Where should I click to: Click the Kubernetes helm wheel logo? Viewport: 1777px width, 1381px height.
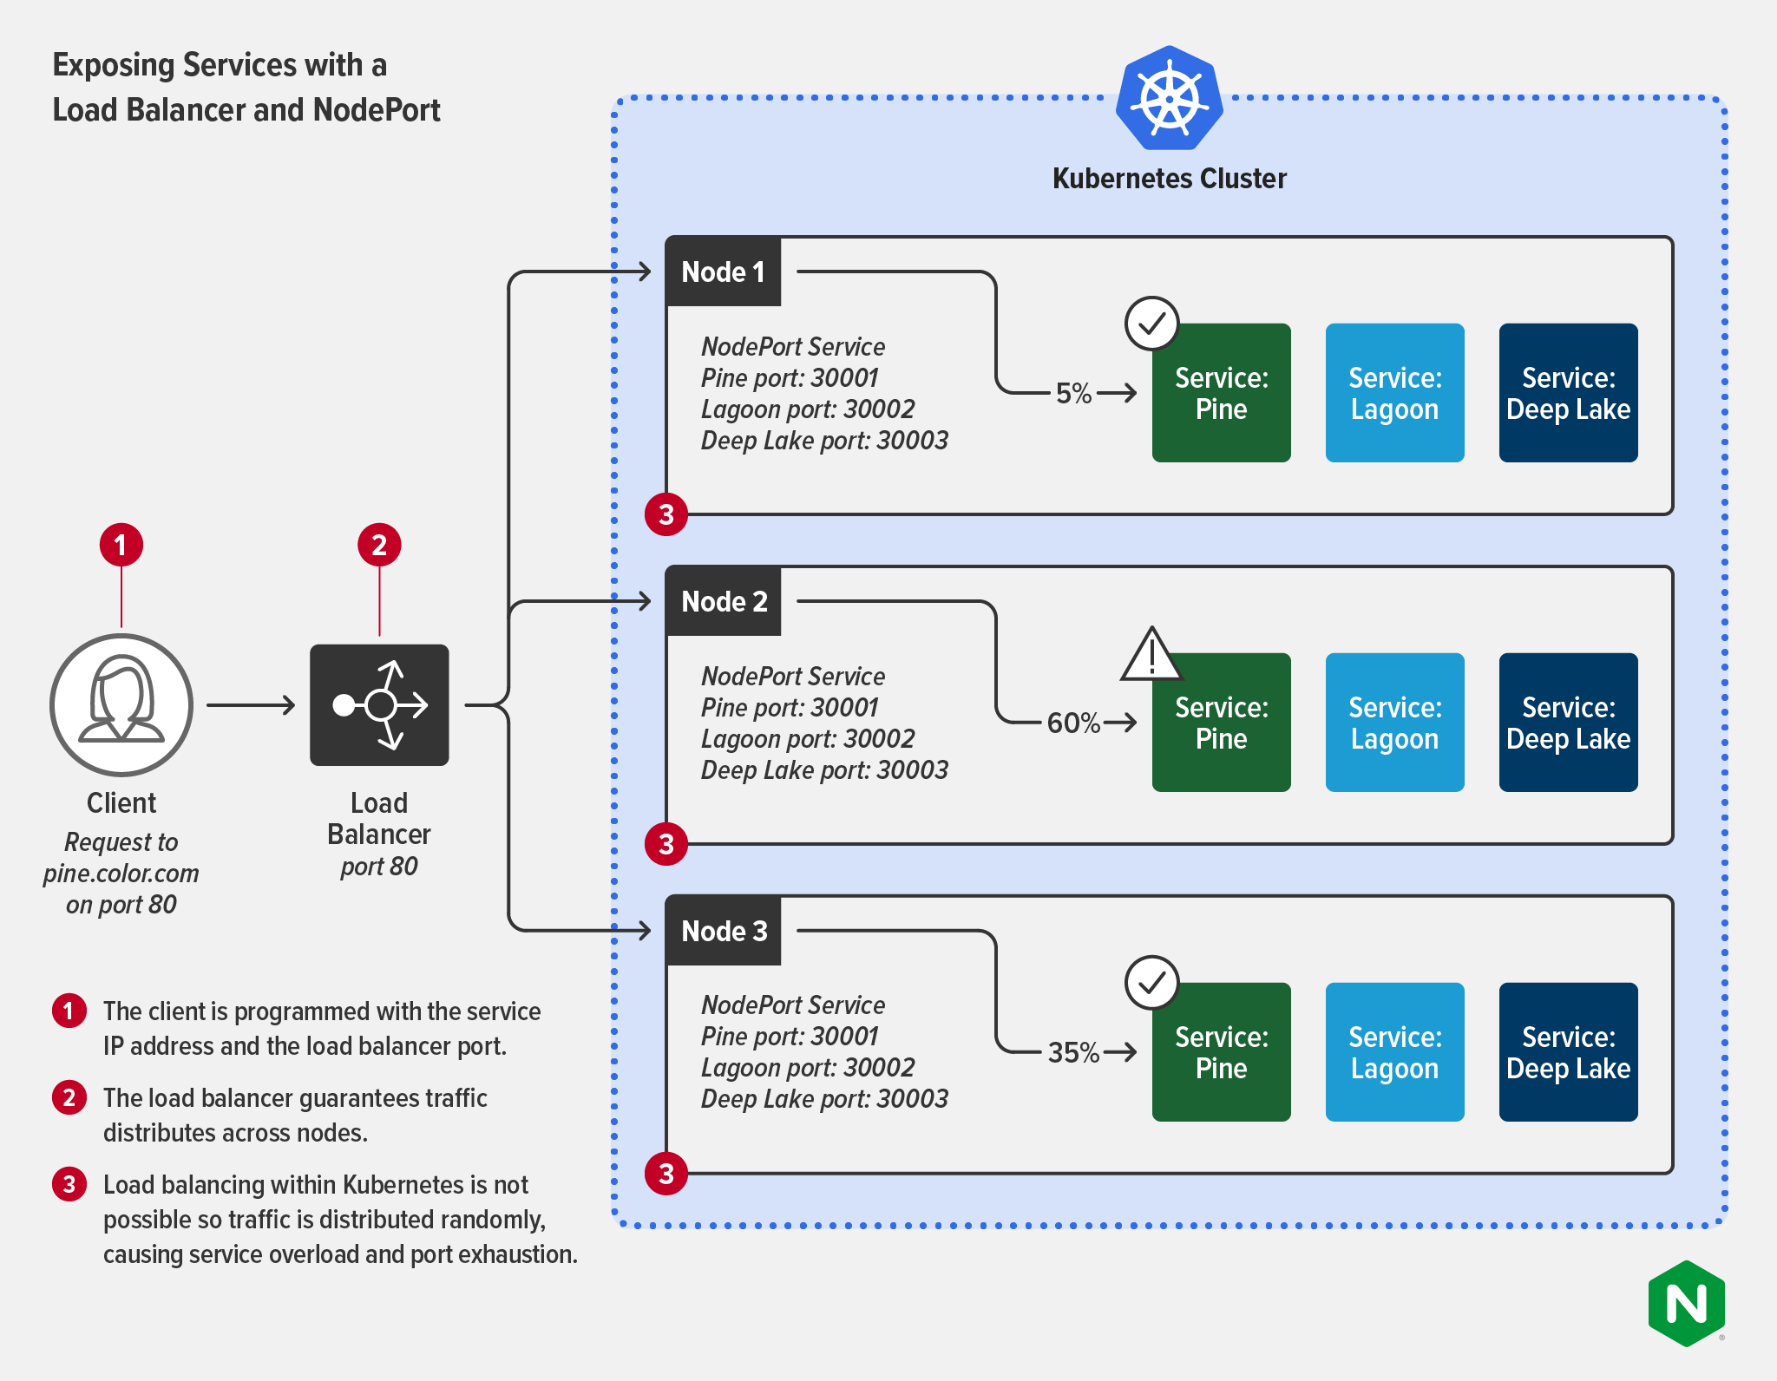(1169, 98)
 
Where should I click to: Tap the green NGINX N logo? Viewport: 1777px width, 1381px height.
(1686, 1303)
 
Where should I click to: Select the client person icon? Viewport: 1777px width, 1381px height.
(121, 704)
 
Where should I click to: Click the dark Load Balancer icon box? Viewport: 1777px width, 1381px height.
(379, 704)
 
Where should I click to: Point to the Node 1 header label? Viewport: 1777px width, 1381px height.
(723, 272)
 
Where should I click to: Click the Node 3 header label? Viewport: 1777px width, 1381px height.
(723, 931)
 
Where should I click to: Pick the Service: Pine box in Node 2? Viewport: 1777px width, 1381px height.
(1221, 723)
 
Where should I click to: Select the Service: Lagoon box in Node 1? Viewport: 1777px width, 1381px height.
(1394, 393)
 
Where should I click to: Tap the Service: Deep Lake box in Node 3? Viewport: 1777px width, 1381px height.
(1568, 1052)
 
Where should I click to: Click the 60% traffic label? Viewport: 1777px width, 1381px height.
(1073, 723)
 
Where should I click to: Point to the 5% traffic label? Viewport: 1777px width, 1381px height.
(1073, 393)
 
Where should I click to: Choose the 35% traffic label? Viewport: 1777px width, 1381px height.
(1073, 1052)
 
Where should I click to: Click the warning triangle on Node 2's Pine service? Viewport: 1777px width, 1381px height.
(1151, 657)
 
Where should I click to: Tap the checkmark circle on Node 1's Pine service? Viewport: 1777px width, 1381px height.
(1151, 324)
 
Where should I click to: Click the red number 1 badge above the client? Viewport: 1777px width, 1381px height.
(121, 545)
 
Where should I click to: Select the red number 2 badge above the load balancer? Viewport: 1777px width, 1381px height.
(379, 545)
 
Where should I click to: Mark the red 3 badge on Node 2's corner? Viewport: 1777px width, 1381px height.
(666, 844)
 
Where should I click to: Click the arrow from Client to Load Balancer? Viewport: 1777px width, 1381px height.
(251, 705)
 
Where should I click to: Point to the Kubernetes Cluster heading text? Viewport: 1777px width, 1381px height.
(1169, 179)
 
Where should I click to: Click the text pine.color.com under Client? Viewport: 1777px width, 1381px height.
(121, 874)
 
